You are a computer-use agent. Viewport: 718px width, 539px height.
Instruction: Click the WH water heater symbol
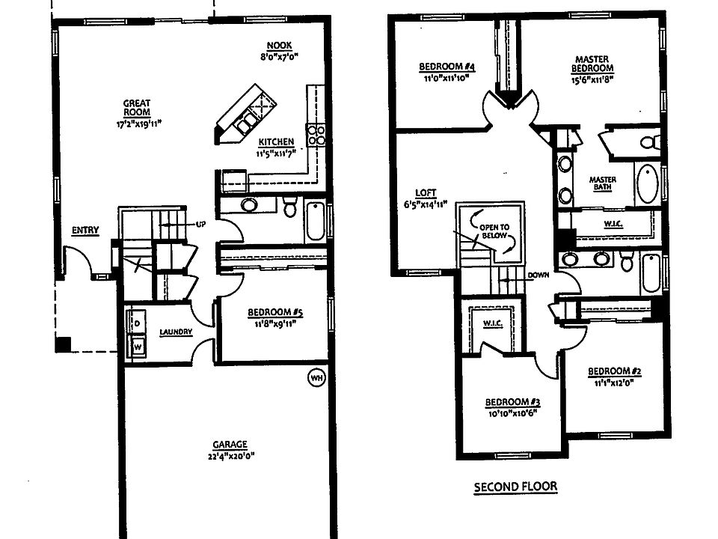click(316, 378)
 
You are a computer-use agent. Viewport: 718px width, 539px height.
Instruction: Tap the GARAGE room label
click(229, 444)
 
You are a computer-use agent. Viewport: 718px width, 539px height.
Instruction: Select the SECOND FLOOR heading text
click(515, 487)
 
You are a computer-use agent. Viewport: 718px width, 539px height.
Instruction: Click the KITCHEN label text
click(276, 141)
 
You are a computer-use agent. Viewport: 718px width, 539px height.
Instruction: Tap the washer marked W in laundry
click(138, 347)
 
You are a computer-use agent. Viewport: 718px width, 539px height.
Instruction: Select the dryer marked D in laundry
click(138, 322)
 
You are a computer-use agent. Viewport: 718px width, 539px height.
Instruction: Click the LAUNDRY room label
click(177, 332)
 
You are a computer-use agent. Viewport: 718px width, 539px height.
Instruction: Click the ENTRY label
click(85, 231)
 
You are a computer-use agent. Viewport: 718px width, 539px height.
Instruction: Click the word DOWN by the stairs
click(538, 275)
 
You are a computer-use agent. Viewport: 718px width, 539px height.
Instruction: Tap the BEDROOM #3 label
click(513, 401)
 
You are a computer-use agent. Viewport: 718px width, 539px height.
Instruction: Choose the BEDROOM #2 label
click(616, 371)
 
